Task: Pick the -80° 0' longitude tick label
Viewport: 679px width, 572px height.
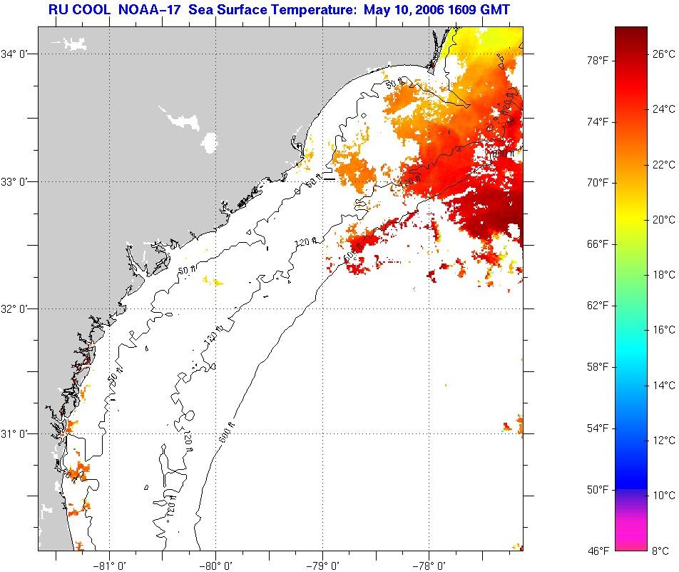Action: point(216,564)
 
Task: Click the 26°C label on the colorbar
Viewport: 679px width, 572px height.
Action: point(663,53)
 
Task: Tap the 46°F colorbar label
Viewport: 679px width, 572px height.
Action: point(597,551)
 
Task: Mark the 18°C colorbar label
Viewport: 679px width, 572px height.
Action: point(663,274)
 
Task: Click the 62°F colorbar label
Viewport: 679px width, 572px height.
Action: point(597,306)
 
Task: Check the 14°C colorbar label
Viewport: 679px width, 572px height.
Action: point(663,385)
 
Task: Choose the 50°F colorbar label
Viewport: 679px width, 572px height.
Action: point(597,490)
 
